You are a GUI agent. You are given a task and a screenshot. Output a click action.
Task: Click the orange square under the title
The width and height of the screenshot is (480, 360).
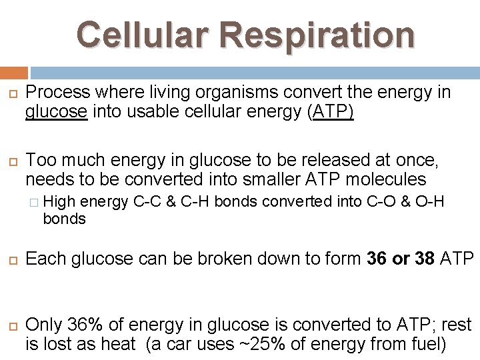point(14,73)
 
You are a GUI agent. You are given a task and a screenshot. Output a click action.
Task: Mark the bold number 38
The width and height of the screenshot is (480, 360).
point(424,257)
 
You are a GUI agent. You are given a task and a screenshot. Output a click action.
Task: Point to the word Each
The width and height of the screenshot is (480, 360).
point(45,257)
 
